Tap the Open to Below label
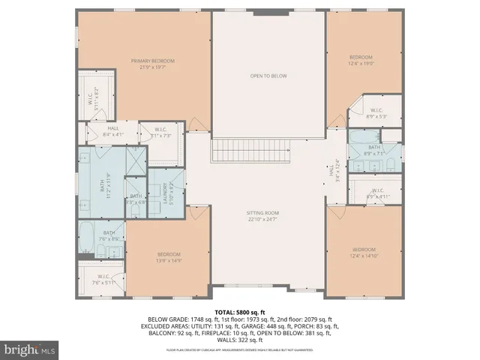[x=268, y=76]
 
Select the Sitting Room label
[x=268, y=216]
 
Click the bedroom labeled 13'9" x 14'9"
[x=169, y=257]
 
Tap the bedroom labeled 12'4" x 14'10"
[x=362, y=253]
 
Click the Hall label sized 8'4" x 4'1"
[x=112, y=131]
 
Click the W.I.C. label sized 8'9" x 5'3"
[x=376, y=113]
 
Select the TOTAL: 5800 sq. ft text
[x=240, y=311]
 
